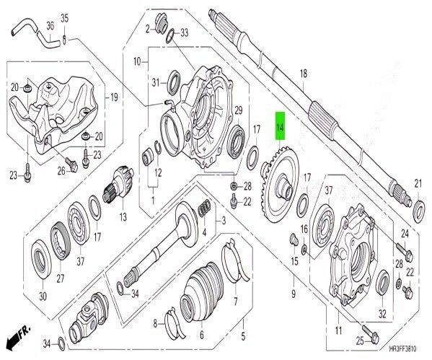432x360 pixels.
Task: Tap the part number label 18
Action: [303, 73]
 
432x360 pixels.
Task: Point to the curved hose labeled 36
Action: [32, 34]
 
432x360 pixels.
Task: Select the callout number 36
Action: [50, 26]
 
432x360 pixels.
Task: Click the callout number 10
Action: [137, 62]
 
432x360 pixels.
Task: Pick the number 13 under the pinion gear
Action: [122, 216]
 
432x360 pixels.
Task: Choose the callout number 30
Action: [43, 296]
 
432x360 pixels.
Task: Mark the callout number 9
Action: [294, 294]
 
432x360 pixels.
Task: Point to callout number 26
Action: [61, 170]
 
